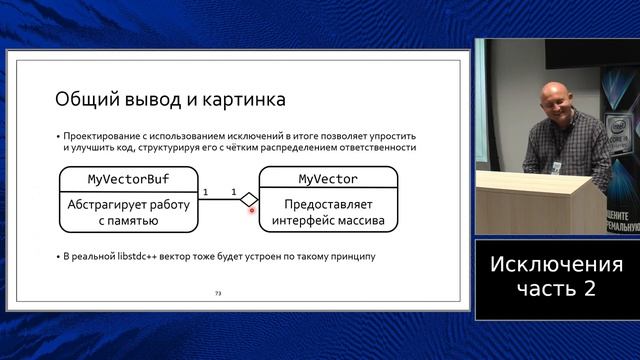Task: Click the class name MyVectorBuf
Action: tap(128, 179)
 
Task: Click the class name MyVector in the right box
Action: tap(328, 179)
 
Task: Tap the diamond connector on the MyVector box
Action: tap(250, 199)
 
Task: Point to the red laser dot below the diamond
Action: tap(251, 211)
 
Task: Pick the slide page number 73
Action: tap(219, 293)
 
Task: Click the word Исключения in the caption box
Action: tap(556, 265)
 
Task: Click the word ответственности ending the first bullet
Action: tap(374, 147)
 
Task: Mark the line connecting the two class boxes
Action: tap(219, 199)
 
